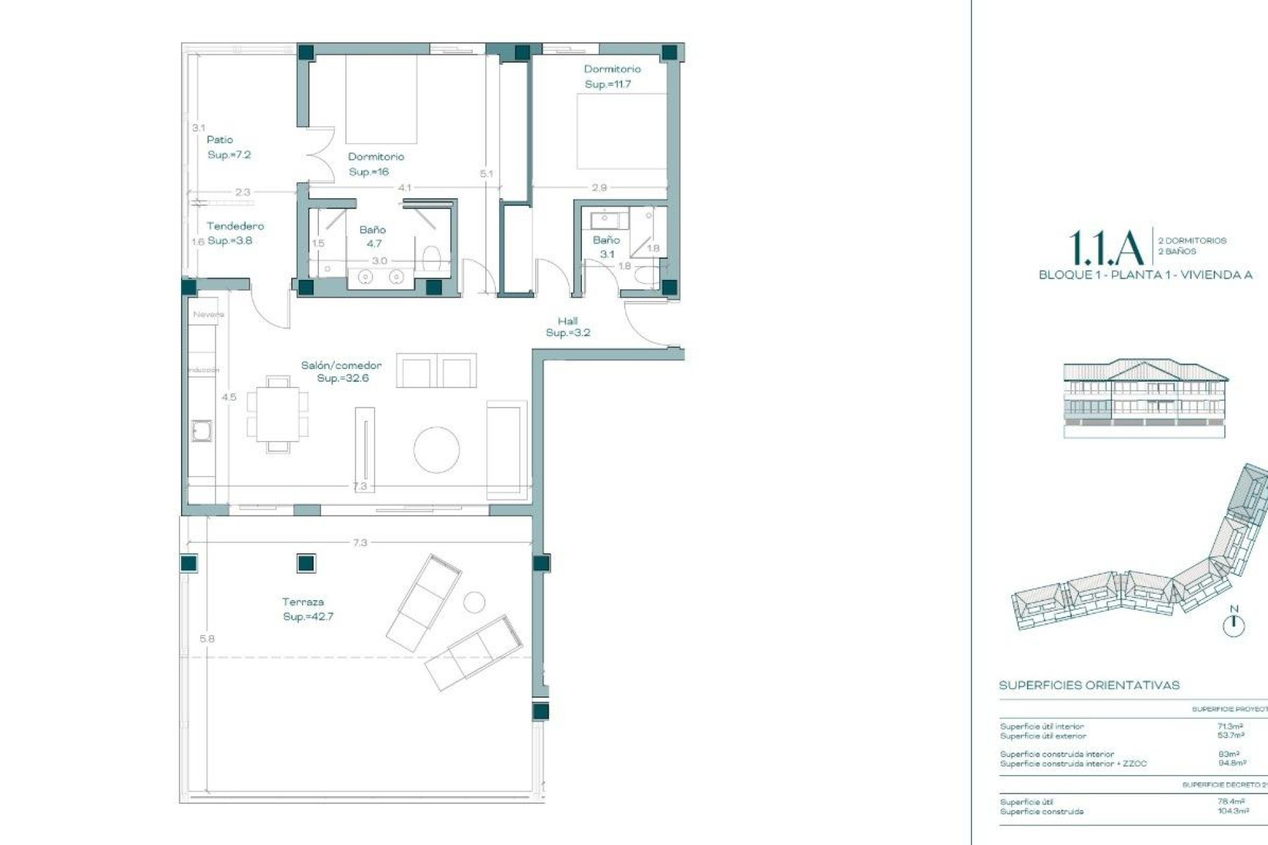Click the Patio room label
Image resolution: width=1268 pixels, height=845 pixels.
pos(219,140)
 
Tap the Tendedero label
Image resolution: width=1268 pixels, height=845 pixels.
pos(234,226)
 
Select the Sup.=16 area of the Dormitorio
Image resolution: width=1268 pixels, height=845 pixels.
pos(369,172)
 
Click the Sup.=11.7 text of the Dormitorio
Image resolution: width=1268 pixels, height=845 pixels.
pos(608,84)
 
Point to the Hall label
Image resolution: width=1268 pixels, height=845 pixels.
pos(567,321)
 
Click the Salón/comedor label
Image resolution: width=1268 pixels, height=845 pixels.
pos(341,365)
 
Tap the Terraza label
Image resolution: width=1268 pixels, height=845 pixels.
pos(302,601)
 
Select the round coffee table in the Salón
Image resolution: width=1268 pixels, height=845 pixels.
pos(436,450)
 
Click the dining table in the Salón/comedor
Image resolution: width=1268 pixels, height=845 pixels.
pos(277,414)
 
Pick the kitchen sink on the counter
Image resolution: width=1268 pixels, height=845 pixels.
pos(201,431)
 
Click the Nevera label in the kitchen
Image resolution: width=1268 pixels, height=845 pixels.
pos(208,314)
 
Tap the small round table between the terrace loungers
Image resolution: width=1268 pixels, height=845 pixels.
pos(474,601)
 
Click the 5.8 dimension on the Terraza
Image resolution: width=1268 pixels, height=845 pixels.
pos(207,638)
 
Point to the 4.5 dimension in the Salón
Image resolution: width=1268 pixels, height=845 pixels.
pos(229,397)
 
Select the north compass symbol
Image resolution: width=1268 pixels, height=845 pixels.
pos(1233,624)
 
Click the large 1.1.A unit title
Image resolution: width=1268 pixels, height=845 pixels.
pos(1106,248)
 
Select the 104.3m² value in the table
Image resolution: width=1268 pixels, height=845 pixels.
pos(1232,811)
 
